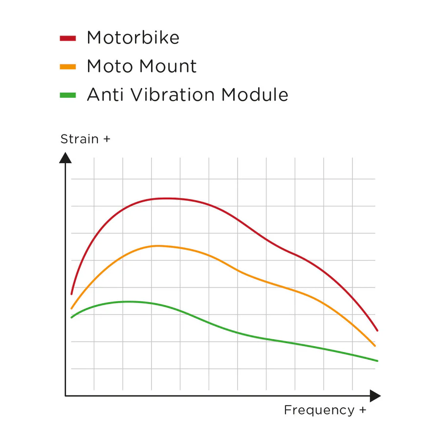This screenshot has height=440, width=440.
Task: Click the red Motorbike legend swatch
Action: pyautogui.click(x=67, y=38)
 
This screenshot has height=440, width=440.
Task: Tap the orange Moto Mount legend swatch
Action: pyautogui.click(x=67, y=66)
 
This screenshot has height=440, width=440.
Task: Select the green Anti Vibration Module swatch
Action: pyautogui.click(x=67, y=95)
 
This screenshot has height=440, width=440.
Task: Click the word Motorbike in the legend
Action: pyautogui.click(x=133, y=38)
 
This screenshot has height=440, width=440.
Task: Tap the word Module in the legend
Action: pyautogui.click(x=255, y=95)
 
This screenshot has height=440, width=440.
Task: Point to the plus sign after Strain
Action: pyautogui.click(x=107, y=140)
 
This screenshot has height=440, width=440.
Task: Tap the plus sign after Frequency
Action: pyautogui.click(x=362, y=411)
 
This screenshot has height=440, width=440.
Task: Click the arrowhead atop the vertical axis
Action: pyautogui.click(x=65, y=157)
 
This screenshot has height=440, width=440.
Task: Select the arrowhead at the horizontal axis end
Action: pyautogui.click(x=375, y=396)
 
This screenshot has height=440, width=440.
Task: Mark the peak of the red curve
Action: pyautogui.click(x=166, y=198)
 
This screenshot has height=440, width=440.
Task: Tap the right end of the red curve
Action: pyautogui.click(x=377, y=330)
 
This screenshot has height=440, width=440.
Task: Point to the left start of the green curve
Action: pyautogui.click(x=72, y=317)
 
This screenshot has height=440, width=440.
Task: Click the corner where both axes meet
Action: pyautogui.click(x=66, y=396)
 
